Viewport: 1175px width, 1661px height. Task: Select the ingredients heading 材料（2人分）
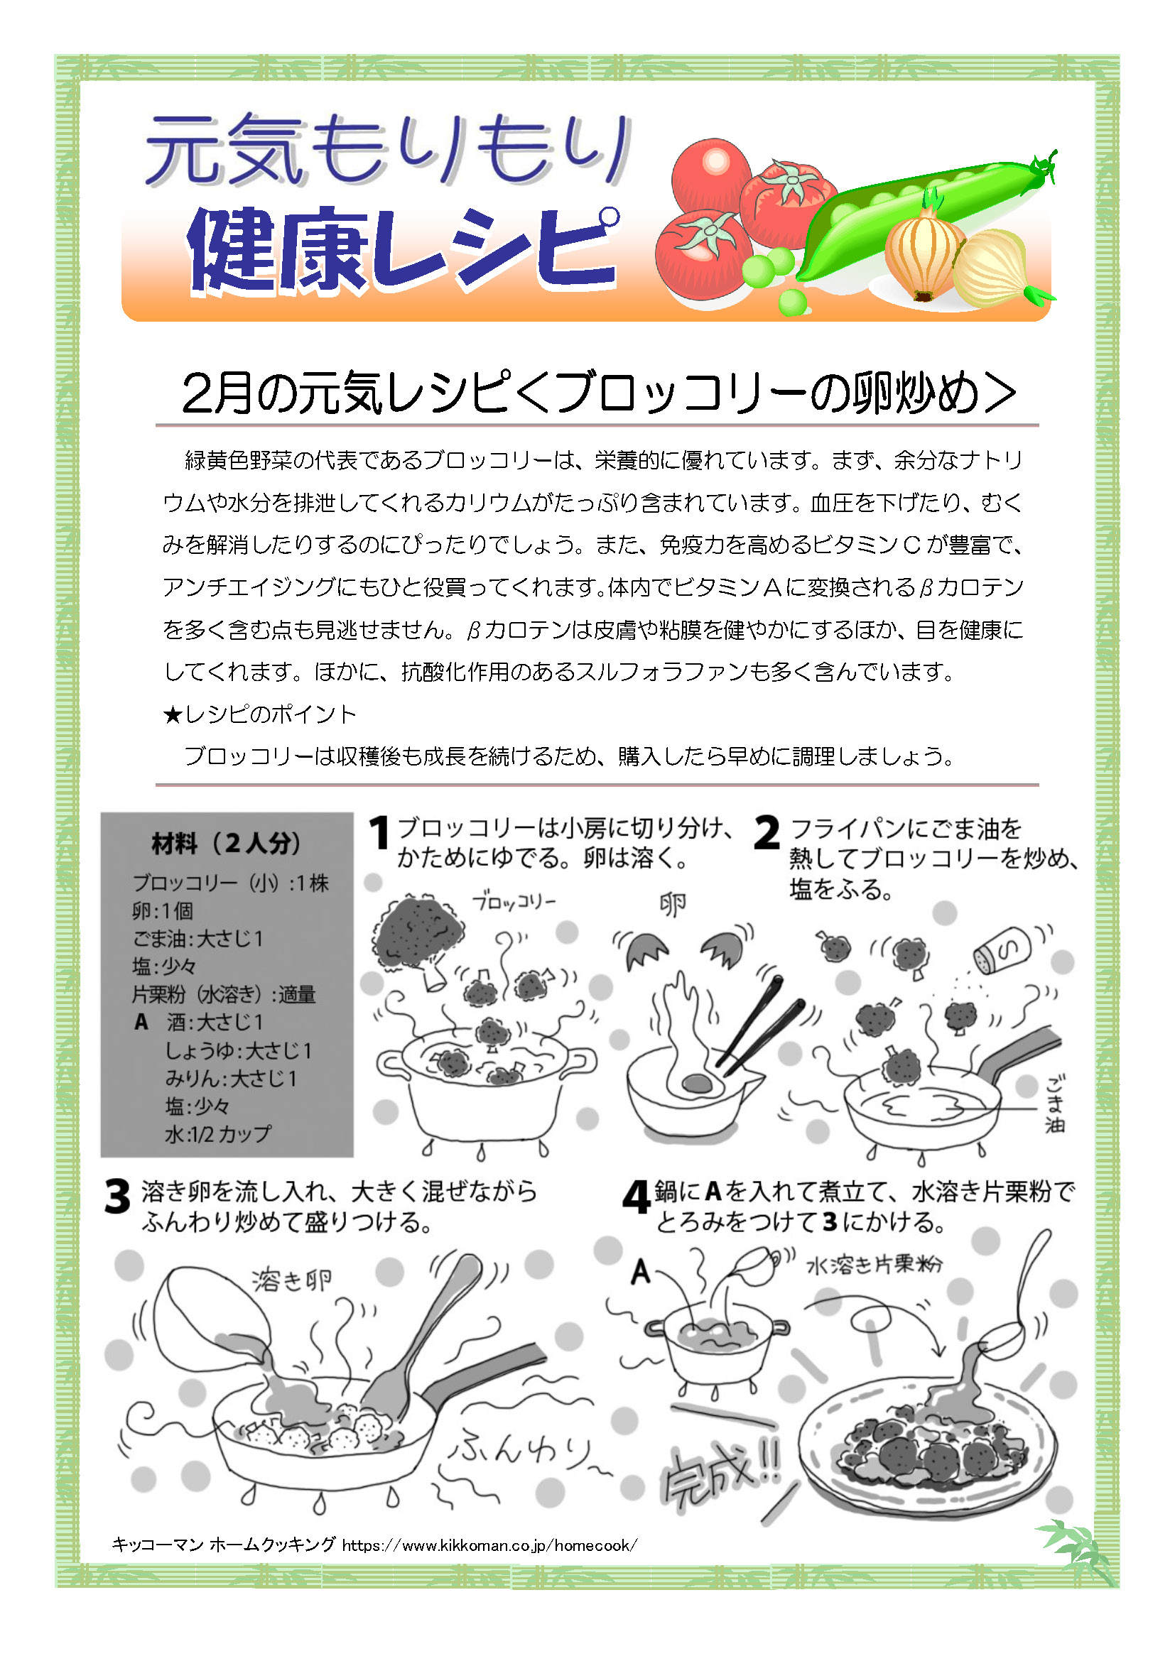coord(227,844)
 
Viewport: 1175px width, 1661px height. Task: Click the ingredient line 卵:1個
coord(163,911)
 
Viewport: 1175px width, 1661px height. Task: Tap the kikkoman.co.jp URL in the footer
coord(490,1545)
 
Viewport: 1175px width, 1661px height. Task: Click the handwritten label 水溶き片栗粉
coord(875,1264)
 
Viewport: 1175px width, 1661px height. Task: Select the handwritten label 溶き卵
coord(292,1280)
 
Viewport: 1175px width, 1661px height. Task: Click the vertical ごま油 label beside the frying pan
coord(1054,1104)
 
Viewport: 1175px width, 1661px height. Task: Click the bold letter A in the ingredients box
coord(141,1022)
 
